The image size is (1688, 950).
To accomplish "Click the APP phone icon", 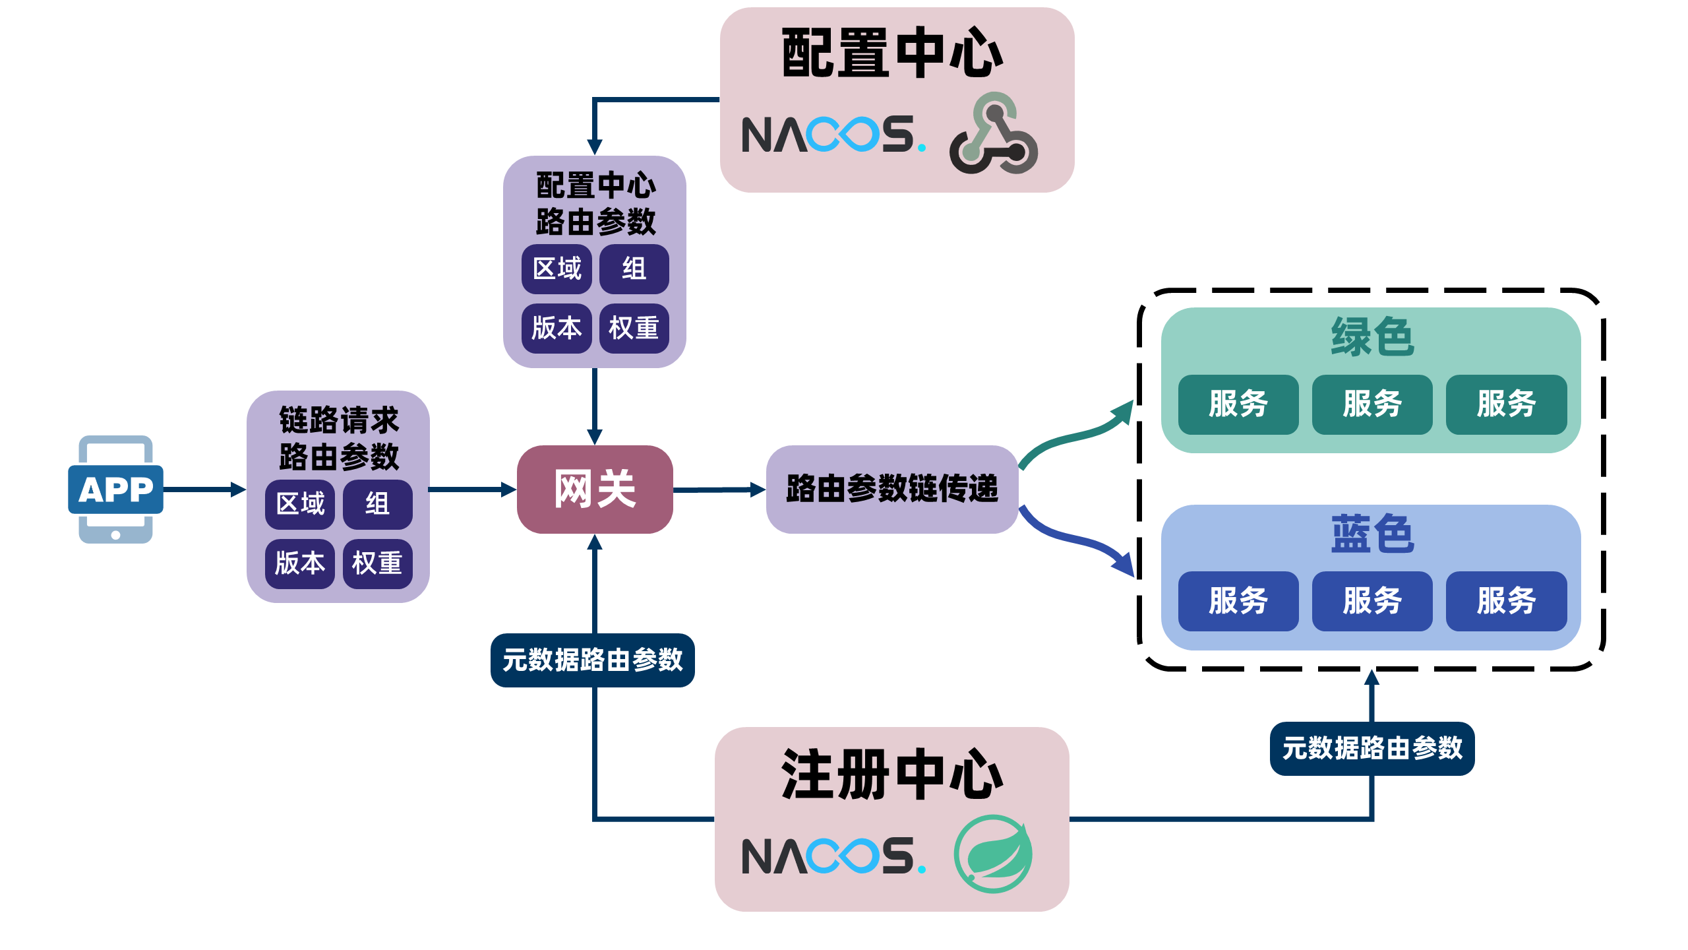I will click(116, 490).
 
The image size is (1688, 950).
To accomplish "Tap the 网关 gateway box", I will click(595, 490).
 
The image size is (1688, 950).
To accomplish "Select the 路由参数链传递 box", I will click(892, 490).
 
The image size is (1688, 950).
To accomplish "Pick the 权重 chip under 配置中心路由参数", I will click(634, 329).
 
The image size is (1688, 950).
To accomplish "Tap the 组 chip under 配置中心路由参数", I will click(634, 269).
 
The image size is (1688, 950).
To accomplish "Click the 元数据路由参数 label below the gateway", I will click(592, 660).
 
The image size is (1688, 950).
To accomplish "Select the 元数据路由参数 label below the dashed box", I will click(1371, 749).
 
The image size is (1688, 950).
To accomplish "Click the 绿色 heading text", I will click(1371, 336).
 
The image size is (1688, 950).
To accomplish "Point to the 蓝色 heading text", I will click(1371, 533).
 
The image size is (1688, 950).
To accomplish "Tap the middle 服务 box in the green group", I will click(1371, 404).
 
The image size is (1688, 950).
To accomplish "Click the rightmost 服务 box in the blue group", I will click(1506, 601).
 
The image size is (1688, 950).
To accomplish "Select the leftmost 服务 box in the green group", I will click(1238, 404).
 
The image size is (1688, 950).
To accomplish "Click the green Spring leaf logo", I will click(993, 854).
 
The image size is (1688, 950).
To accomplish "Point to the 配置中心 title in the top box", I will click(892, 53).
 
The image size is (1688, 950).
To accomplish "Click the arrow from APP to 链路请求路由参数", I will click(204, 490).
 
